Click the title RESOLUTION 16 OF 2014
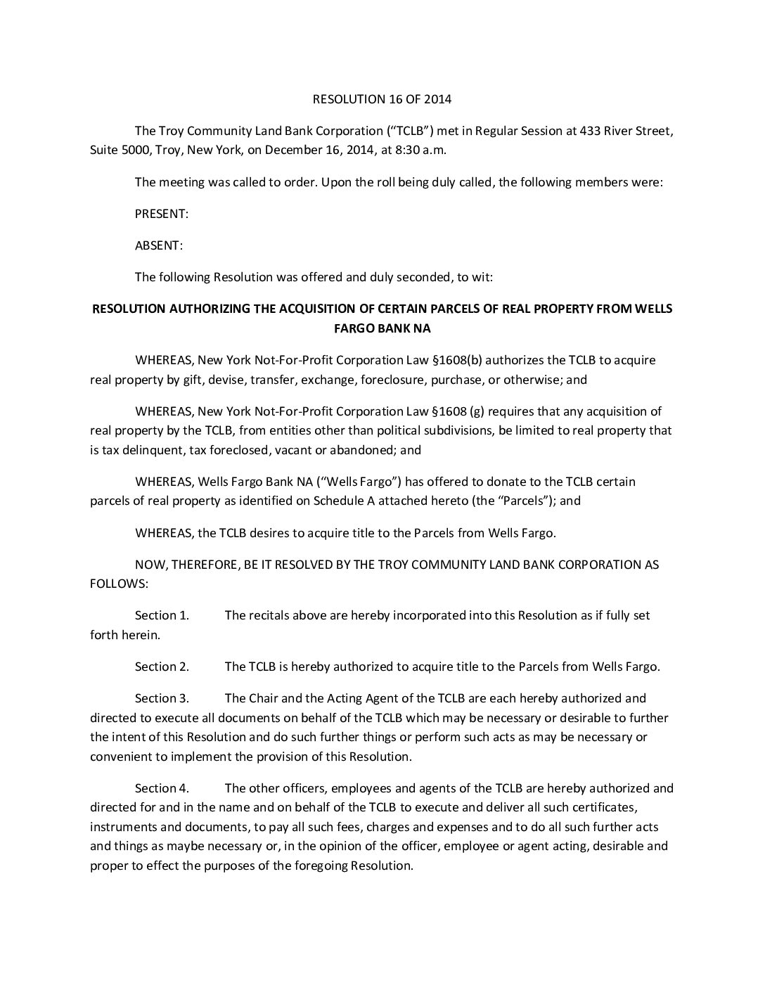tap(382, 99)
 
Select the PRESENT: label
tap(161, 214)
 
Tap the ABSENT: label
tap(158, 245)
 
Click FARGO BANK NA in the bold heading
tap(382, 328)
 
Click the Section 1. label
tap(162, 615)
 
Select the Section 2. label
tap(162, 667)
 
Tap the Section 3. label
tap(162, 698)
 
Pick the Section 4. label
tap(162, 788)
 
